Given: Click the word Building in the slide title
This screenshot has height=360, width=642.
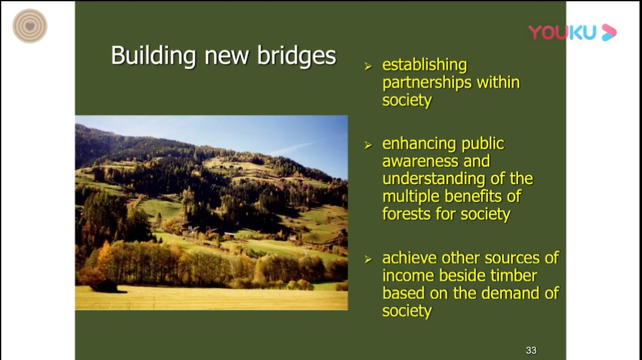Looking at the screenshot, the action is [x=153, y=56].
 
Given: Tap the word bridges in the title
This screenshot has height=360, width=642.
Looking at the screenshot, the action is [x=296, y=56].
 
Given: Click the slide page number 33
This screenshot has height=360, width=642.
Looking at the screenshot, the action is [x=531, y=351].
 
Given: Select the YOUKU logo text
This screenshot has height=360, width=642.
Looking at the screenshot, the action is [x=562, y=33].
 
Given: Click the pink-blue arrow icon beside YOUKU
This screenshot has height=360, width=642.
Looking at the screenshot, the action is [x=609, y=33].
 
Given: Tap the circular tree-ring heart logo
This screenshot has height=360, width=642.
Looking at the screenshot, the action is [x=30, y=26].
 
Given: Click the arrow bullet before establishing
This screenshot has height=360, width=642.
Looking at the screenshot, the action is [x=368, y=66].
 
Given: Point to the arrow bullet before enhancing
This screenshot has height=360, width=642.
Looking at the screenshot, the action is [x=368, y=145].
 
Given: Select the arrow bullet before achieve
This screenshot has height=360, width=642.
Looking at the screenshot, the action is [x=368, y=260].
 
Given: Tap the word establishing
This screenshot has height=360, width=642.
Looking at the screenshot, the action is [x=424, y=66].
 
